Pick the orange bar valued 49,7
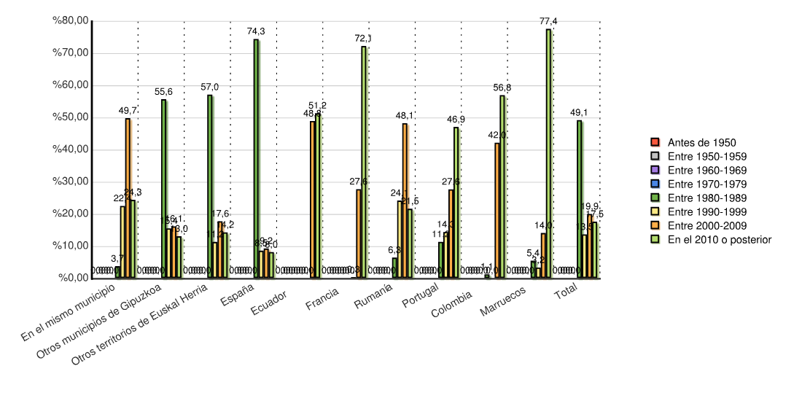tap(128, 198)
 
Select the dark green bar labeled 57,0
tap(210, 186)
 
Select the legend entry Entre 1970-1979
tap(700, 184)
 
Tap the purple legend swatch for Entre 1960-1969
tap(654, 170)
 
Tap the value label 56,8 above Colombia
tap(502, 87)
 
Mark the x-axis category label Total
tap(566, 295)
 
